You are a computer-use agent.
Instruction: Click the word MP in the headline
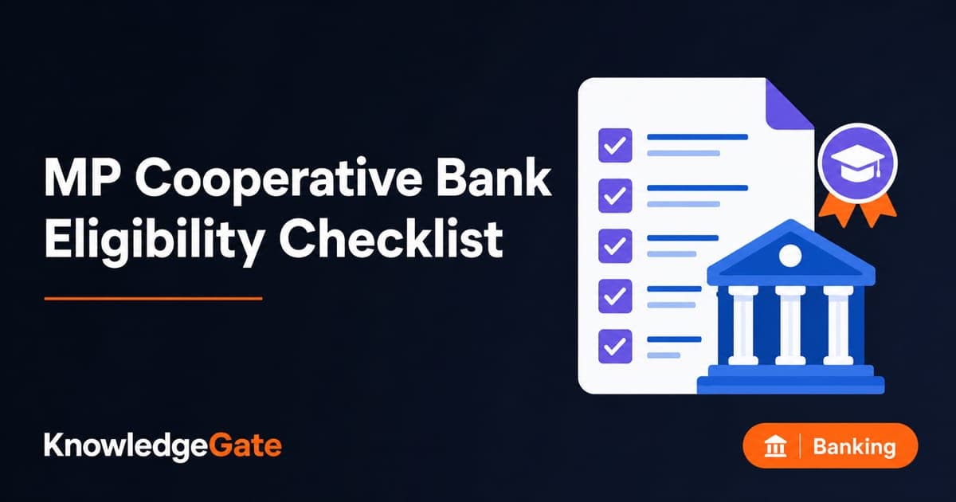[80, 177]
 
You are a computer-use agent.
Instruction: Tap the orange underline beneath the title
[153, 298]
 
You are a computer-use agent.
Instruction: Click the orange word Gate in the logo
[245, 445]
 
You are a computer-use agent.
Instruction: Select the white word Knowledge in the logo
[126, 447]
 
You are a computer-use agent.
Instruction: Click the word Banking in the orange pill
[854, 447]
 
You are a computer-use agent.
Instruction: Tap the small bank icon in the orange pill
[775, 446]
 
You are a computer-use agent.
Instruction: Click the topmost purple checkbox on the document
[615, 145]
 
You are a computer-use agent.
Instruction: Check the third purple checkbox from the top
[615, 246]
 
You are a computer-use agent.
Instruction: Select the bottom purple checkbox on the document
[615, 346]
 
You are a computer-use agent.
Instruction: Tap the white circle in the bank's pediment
[790, 256]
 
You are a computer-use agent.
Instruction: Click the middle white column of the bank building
[790, 325]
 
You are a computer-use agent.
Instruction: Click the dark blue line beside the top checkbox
[697, 137]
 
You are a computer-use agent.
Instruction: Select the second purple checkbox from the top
[615, 195]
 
